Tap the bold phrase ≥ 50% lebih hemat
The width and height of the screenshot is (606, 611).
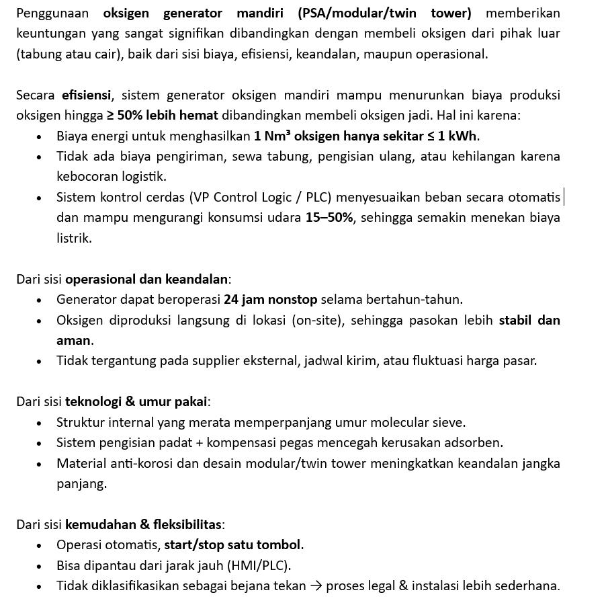click(163, 115)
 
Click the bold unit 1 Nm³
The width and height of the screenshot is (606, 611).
click(272, 136)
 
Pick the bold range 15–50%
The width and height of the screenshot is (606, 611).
click(329, 217)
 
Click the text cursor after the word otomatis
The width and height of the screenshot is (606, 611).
click(564, 197)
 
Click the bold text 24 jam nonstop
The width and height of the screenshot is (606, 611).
click(271, 299)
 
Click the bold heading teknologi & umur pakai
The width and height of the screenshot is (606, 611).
click(136, 401)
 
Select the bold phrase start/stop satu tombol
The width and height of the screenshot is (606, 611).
click(233, 544)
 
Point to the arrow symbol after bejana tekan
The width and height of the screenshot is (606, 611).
click(316, 585)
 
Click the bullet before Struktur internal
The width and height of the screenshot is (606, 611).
click(39, 423)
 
